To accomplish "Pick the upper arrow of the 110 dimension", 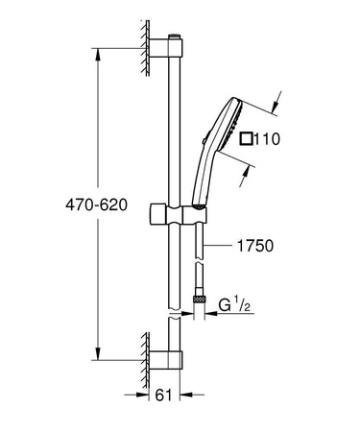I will click(274, 99).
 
